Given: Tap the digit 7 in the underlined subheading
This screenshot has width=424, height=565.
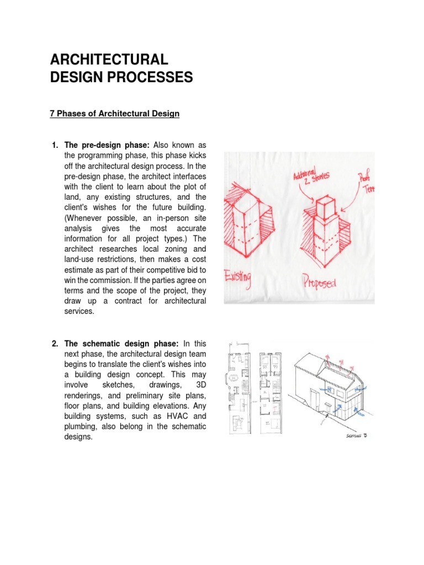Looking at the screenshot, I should [x=52, y=114].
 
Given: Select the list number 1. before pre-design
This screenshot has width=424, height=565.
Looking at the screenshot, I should [x=55, y=145].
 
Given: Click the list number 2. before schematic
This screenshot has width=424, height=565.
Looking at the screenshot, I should [x=55, y=344].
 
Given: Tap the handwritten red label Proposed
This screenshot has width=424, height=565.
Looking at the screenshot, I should [x=319, y=284].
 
